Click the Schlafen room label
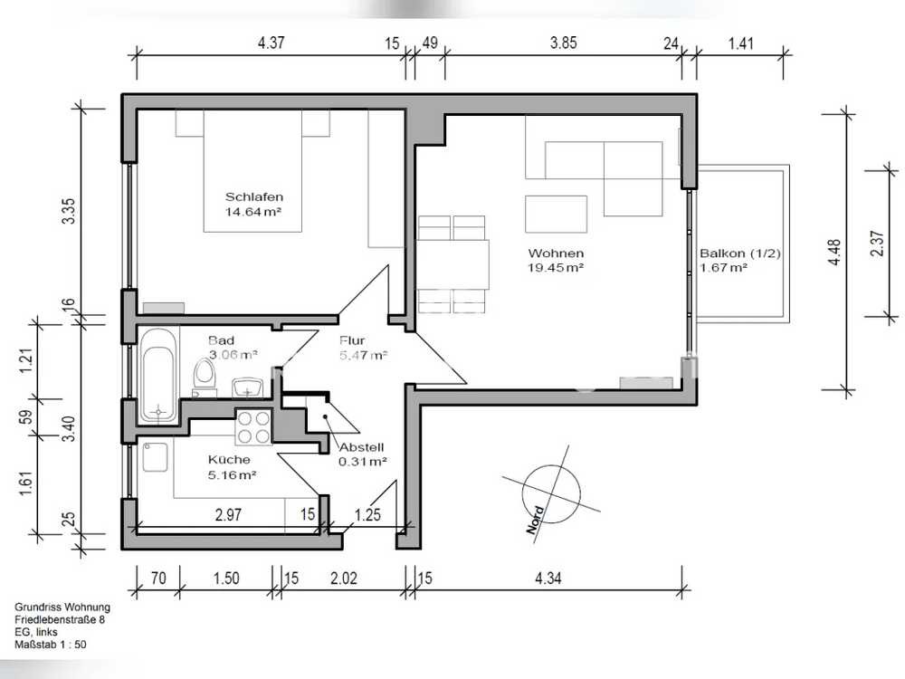pyautogui.click(x=254, y=196)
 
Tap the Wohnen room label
pyautogui.click(x=556, y=253)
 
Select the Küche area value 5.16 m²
pyautogui.click(x=232, y=475)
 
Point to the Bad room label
pyautogui.click(x=221, y=340)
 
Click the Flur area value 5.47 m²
pyautogui.click(x=363, y=355)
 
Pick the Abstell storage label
pyautogui.click(x=361, y=447)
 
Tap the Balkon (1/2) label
pyautogui.click(x=740, y=253)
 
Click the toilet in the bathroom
pyautogui.click(x=204, y=376)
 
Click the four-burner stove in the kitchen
pyautogui.click(x=254, y=426)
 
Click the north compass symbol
pyautogui.click(x=550, y=494)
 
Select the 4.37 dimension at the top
pyautogui.click(x=271, y=43)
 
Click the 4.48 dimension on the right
pyautogui.click(x=834, y=253)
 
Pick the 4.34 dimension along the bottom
pyautogui.click(x=548, y=578)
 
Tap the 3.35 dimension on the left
pyautogui.click(x=68, y=211)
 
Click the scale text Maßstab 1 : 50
pyautogui.click(x=51, y=645)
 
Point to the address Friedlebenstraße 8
pyautogui.click(x=60, y=619)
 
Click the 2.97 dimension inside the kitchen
pyautogui.click(x=228, y=514)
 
